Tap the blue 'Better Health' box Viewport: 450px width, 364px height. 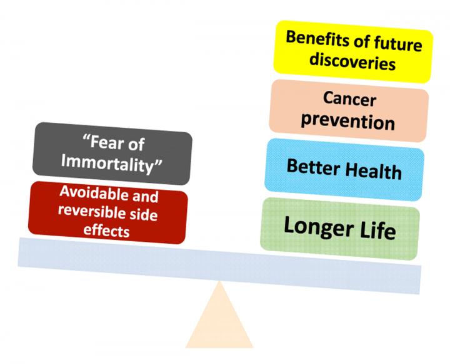point(344,168)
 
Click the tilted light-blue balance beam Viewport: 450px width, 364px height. point(219,260)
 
